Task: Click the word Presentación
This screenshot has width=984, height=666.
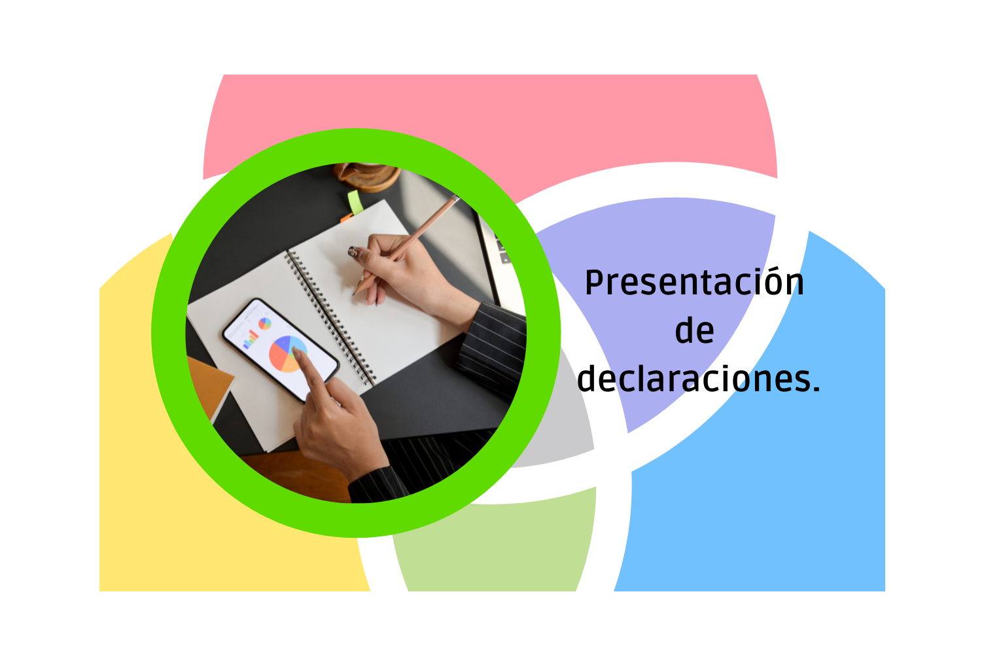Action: click(694, 283)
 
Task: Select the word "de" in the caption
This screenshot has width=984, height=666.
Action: click(694, 331)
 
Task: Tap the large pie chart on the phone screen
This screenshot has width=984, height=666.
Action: click(287, 354)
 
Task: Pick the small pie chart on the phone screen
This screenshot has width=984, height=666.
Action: click(265, 323)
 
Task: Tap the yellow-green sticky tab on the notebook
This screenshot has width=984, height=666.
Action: click(355, 201)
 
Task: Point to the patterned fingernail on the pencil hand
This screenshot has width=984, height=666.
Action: click(353, 251)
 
